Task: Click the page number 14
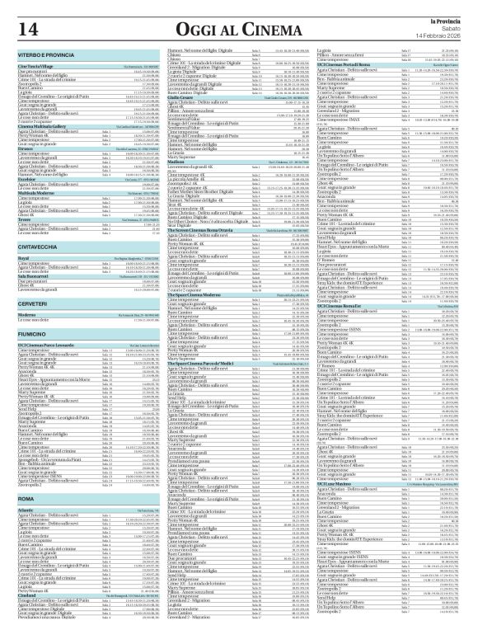pos(26,30)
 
